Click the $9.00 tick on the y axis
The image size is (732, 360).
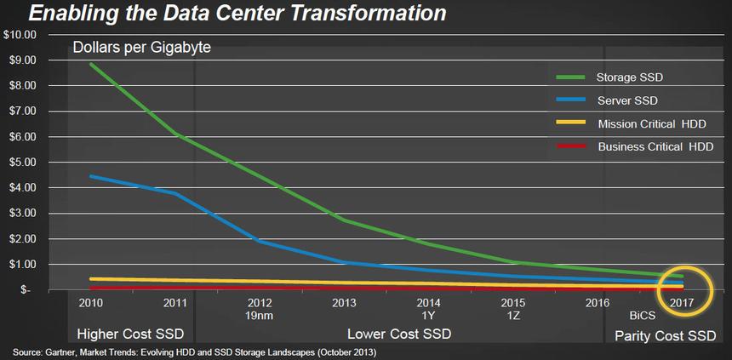click(x=21, y=60)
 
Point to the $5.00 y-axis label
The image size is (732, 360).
click(x=21, y=162)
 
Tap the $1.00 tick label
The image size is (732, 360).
click(x=21, y=264)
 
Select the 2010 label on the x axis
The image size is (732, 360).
click(x=90, y=302)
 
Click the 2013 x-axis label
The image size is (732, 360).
click(x=344, y=302)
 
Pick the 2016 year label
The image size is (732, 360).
click(x=598, y=302)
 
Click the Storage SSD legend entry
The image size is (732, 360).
click(x=629, y=77)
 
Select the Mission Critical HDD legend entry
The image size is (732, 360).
click(x=652, y=124)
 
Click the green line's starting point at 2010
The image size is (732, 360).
click(x=90, y=65)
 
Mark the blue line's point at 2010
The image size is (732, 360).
click(x=90, y=177)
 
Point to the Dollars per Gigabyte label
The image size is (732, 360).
click(x=141, y=48)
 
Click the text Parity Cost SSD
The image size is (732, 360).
click(x=665, y=335)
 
